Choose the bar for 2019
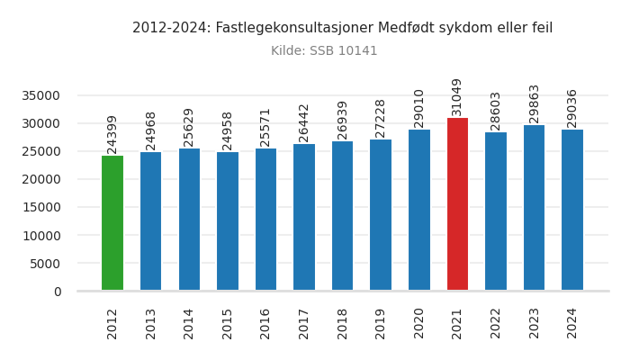coord(381,215)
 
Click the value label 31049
coord(457,96)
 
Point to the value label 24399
coord(112,134)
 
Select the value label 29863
coord(535,103)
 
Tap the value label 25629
coord(189,127)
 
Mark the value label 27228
coord(381,118)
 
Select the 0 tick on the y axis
coord(57,292)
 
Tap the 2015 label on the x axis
coord(228,323)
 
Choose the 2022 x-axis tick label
coord(496,323)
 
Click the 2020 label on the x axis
coord(419,323)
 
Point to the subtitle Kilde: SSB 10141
coord(324,51)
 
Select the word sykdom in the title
coord(457,28)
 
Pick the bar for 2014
coord(189,220)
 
